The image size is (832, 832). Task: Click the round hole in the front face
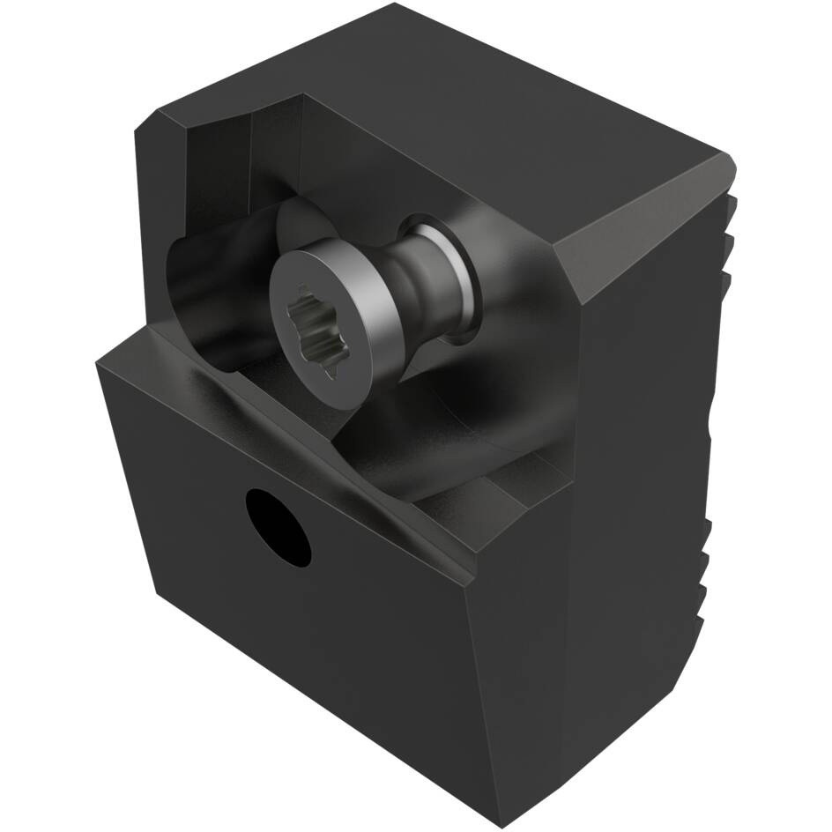279,527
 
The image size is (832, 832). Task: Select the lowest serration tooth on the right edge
705,564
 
